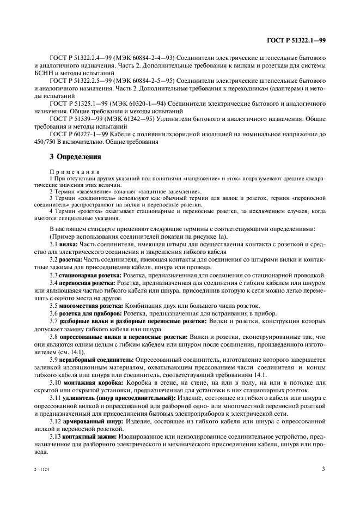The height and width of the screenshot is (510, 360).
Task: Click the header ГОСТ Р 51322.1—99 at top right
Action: pyautogui.click(x=297, y=41)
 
